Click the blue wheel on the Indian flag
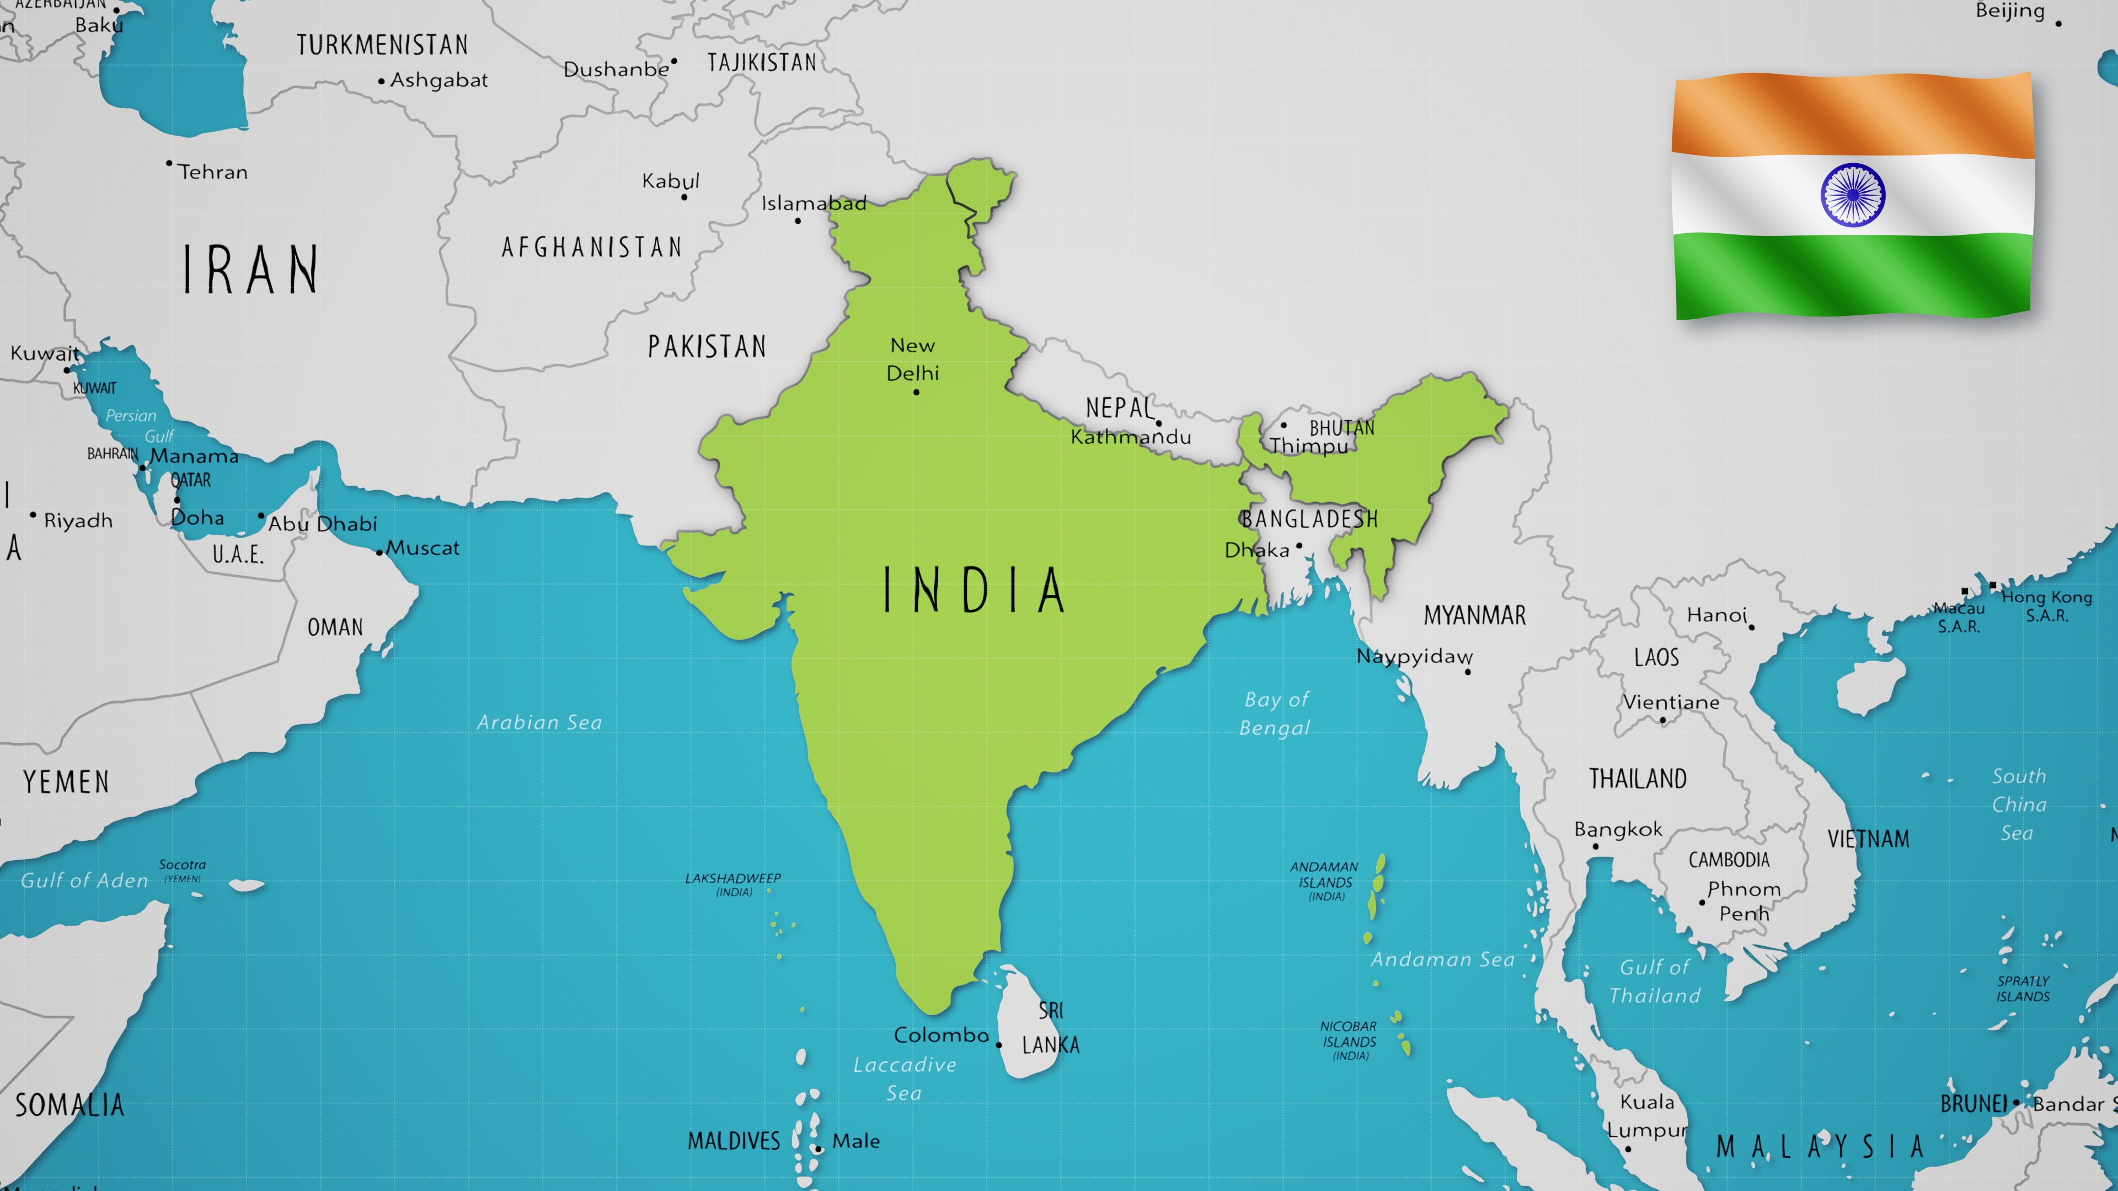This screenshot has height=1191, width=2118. pos(1853,195)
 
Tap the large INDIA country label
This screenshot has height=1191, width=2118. pos(974,590)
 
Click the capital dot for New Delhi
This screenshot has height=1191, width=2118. pos(916,392)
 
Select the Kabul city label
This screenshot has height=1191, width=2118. pos(670,181)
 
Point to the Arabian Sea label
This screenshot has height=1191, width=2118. pos(539,722)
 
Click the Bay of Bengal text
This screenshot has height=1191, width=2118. pos(1275,713)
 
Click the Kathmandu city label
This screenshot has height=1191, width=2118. pos(1131,437)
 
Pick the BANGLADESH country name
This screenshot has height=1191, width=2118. pos(1309,519)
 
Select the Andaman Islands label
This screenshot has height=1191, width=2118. pos(1324,881)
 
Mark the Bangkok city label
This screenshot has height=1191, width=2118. pos(1617,829)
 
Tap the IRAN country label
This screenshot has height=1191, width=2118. pos(250,270)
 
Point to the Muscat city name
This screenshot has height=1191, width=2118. pos(422,548)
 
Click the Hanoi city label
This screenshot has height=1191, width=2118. pos(1716,615)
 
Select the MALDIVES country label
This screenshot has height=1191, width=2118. pos(734,1141)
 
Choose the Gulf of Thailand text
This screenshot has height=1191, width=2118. pos(1654,981)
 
